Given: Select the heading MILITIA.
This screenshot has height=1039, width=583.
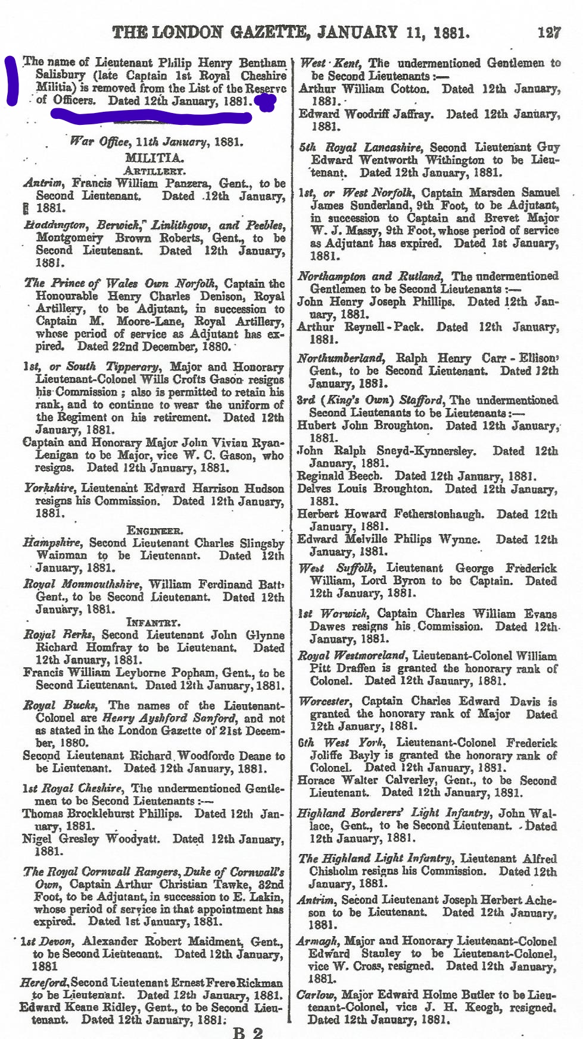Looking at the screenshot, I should click(x=154, y=158).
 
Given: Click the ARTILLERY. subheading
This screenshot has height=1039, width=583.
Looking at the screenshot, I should click(x=154, y=171).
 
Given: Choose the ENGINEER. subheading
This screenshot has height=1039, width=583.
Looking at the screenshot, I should click(x=154, y=531).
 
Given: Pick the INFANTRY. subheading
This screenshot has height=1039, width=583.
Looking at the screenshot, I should click(x=153, y=623).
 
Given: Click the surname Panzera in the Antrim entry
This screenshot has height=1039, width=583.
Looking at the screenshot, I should click(x=189, y=184).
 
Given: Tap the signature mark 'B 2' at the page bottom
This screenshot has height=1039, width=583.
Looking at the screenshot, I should click(x=247, y=1032).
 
